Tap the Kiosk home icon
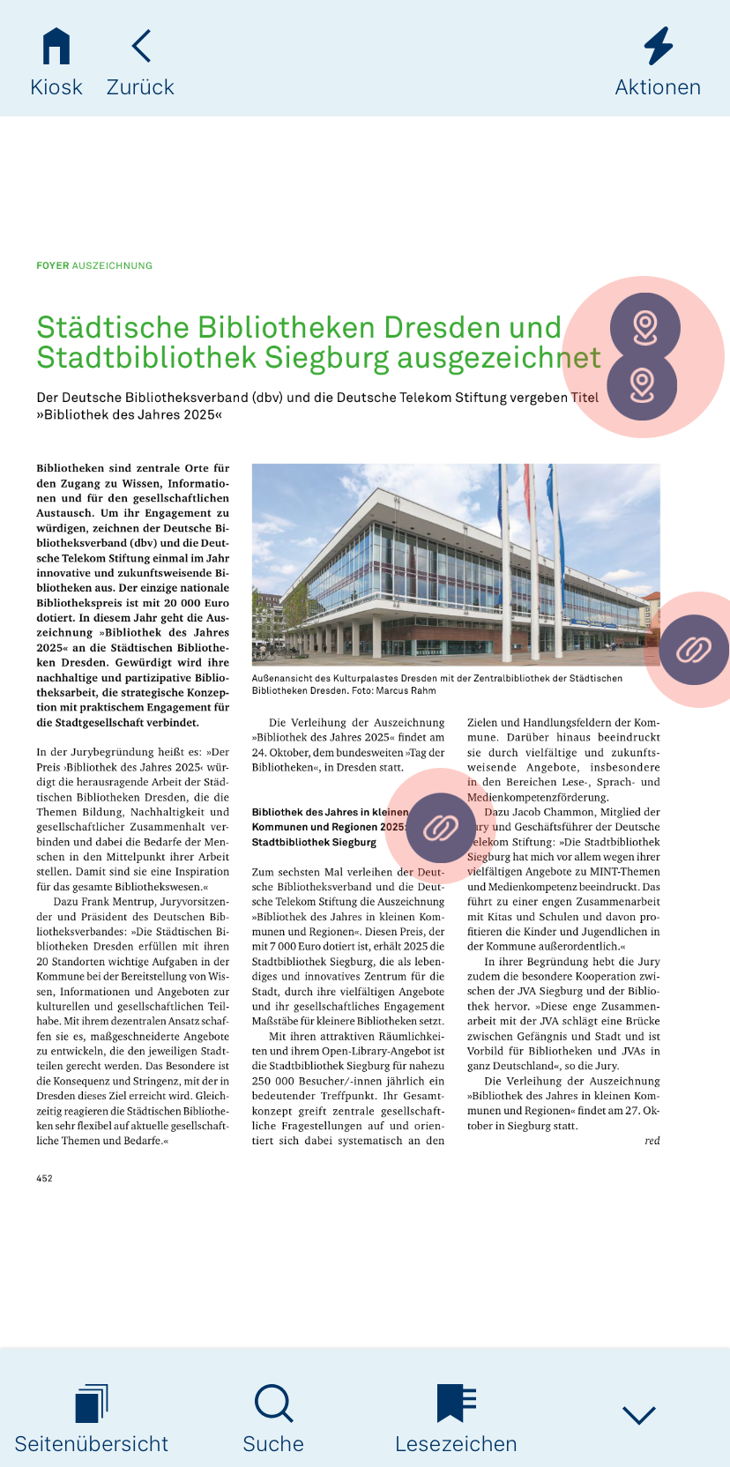[x=56, y=46]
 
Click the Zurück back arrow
[x=141, y=46]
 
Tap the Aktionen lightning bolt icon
[x=658, y=46]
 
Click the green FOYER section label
[x=53, y=265]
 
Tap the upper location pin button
[x=644, y=327]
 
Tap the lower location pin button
[x=643, y=385]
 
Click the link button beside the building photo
[x=694, y=651]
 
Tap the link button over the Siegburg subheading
[x=441, y=828]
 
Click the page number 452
[x=44, y=1179]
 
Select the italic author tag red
[x=652, y=1141]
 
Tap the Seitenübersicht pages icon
[x=92, y=1404]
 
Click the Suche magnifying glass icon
[x=273, y=1403]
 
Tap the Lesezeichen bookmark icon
[x=456, y=1403]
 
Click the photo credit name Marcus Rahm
[x=412, y=691]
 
